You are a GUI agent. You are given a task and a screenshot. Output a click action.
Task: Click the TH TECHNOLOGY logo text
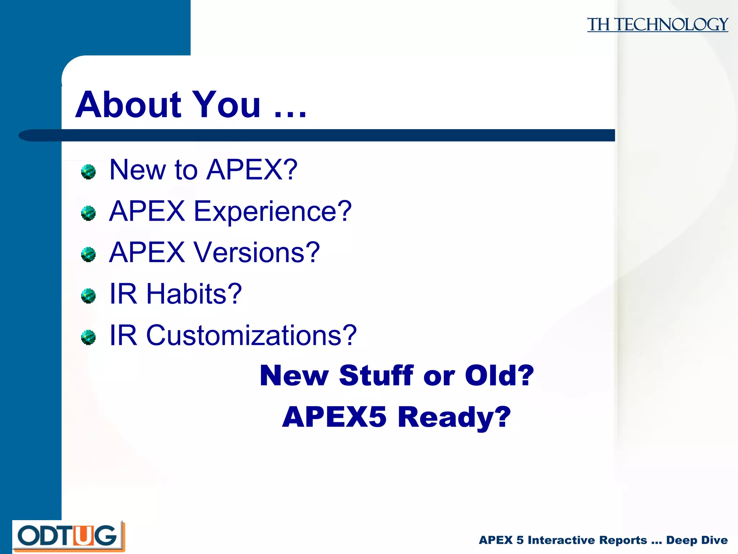coord(657,25)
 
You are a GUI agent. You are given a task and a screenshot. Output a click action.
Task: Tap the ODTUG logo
coord(68,536)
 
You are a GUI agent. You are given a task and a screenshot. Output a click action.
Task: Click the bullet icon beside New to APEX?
coord(88,172)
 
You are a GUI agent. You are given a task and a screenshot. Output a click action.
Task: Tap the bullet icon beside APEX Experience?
coord(88,213)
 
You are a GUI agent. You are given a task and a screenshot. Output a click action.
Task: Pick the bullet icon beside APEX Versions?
coord(88,255)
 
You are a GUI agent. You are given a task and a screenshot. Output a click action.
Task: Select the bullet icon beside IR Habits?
coord(88,296)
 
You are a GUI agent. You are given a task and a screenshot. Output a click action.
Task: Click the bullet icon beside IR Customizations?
coord(88,338)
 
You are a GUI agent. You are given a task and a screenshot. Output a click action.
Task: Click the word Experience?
coord(272,212)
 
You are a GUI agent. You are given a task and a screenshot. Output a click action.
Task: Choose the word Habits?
coord(194,294)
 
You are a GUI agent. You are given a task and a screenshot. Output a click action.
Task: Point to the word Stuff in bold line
coord(376,375)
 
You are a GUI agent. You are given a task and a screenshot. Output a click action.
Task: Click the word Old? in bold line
coord(499,375)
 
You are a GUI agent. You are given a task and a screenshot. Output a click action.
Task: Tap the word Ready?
coord(454,417)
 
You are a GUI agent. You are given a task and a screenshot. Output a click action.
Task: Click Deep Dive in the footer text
coord(697,540)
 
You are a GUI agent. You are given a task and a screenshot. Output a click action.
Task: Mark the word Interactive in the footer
coord(587,540)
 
